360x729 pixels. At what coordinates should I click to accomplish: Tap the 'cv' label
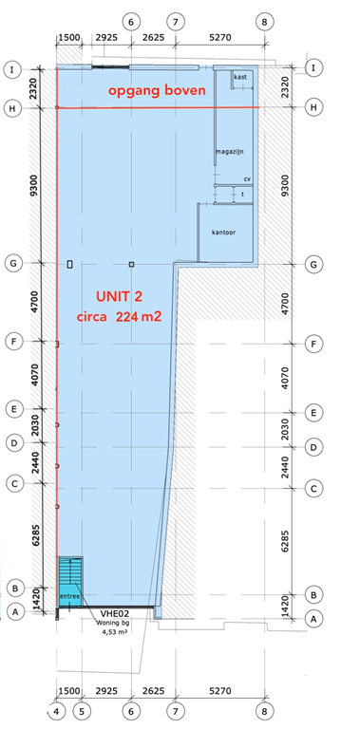click(x=247, y=178)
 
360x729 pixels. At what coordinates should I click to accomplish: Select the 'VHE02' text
click(x=115, y=614)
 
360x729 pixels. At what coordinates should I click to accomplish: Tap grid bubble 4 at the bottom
click(x=56, y=709)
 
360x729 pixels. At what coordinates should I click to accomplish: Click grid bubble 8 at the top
click(x=264, y=20)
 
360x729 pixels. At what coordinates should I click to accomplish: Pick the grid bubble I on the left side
click(x=13, y=69)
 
